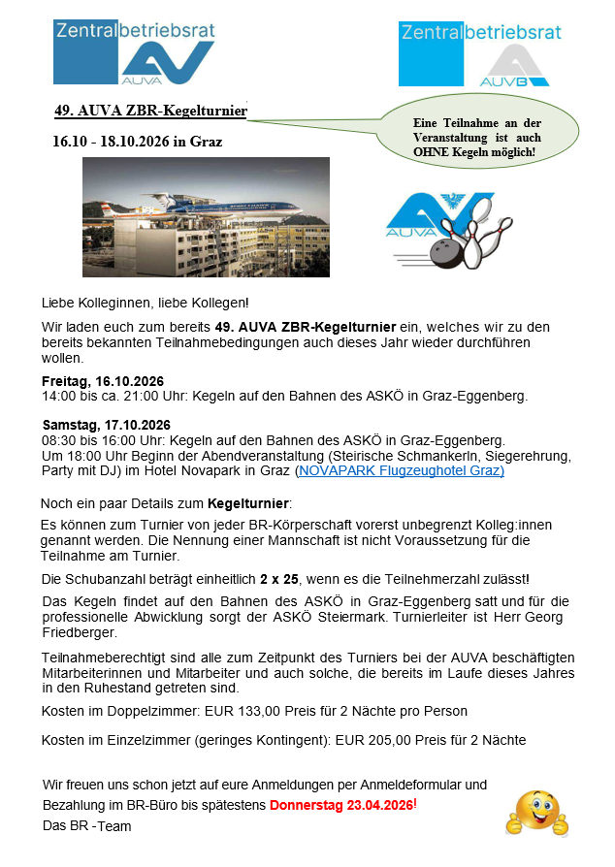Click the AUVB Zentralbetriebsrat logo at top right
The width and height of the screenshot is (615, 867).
click(x=479, y=54)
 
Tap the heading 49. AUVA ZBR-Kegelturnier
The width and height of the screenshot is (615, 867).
click(x=150, y=111)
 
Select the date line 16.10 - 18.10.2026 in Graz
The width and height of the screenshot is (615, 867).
click(x=137, y=142)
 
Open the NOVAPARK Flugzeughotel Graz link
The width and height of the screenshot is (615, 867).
click(x=401, y=471)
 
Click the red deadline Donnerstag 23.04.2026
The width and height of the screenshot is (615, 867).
click(x=341, y=806)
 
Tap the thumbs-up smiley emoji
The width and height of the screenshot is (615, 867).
click(x=536, y=813)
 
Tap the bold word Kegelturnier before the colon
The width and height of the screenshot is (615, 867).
click(x=248, y=503)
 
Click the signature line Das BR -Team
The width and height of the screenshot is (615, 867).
click(x=86, y=826)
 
